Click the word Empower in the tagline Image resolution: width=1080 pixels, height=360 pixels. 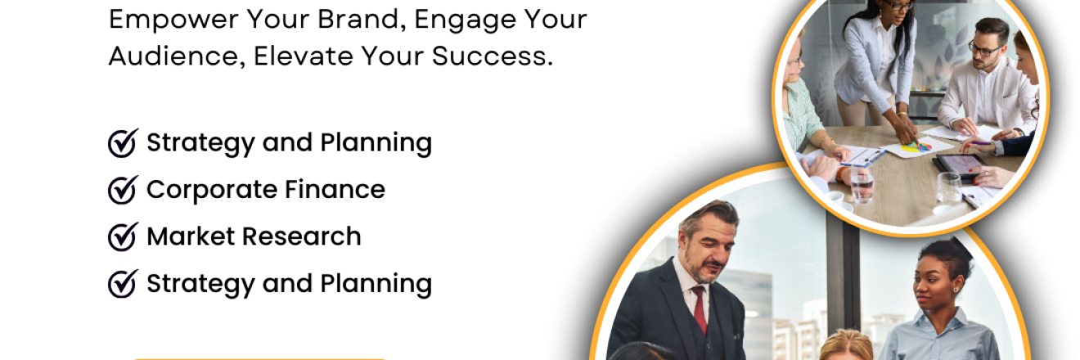173,20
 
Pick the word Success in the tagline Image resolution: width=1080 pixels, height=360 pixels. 493,56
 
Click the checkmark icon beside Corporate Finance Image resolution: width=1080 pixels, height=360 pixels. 123,190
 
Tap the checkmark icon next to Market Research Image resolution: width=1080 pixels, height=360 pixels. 123,236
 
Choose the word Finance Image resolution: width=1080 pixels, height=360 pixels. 335,189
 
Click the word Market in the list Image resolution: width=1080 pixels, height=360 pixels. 191,236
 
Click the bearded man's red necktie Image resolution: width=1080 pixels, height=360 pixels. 700,309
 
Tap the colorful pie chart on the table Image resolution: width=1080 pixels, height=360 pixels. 916,146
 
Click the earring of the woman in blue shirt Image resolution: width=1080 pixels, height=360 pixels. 956,290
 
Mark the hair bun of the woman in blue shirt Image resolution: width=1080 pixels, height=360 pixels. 947,250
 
